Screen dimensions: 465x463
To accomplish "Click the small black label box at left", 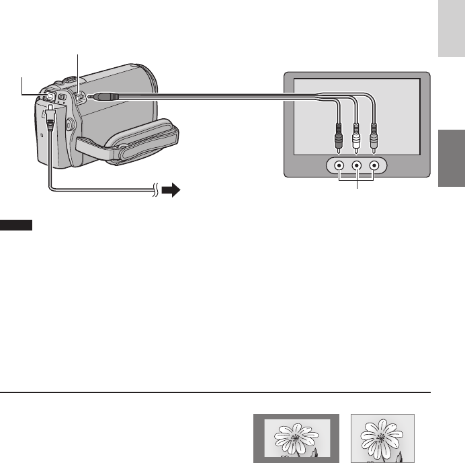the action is click(x=16, y=224).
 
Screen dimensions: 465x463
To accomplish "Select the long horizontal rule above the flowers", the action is click(x=215, y=392).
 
